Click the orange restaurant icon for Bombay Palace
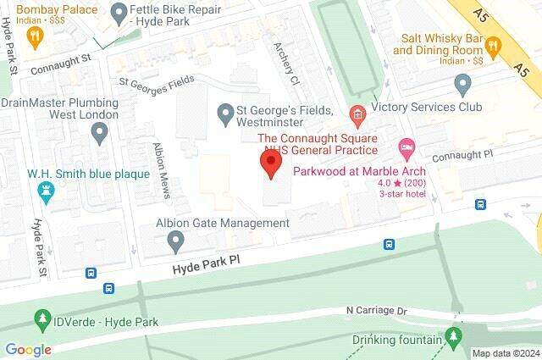[35, 36]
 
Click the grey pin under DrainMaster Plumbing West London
[100, 132]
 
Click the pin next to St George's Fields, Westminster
[225, 112]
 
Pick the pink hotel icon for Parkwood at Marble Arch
[406, 150]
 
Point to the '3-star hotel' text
[406, 194]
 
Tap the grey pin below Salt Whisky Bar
[462, 84]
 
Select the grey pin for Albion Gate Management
[176, 241]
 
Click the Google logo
[28, 350]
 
